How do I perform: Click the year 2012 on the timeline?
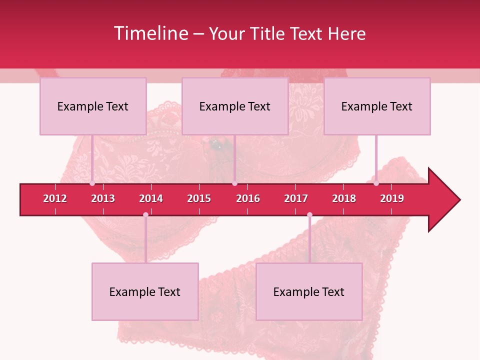tap(55, 198)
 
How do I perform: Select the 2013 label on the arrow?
tap(103, 198)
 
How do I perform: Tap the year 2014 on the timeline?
tap(151, 198)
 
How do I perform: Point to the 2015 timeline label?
tap(199, 198)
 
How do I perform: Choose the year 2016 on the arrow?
tap(248, 198)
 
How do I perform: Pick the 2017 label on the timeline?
tap(296, 198)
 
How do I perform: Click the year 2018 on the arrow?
tap(344, 198)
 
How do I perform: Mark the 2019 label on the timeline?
tap(392, 198)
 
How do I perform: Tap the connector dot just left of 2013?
tap(92, 183)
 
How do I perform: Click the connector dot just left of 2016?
tap(234, 183)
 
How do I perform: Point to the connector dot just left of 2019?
tap(376, 183)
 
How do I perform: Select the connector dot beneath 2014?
tap(145, 215)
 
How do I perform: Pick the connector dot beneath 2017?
tap(309, 215)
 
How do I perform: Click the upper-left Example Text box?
tap(93, 106)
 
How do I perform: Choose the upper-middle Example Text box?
tap(235, 106)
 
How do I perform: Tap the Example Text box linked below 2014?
tap(145, 291)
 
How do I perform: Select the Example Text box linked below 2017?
tap(309, 291)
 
